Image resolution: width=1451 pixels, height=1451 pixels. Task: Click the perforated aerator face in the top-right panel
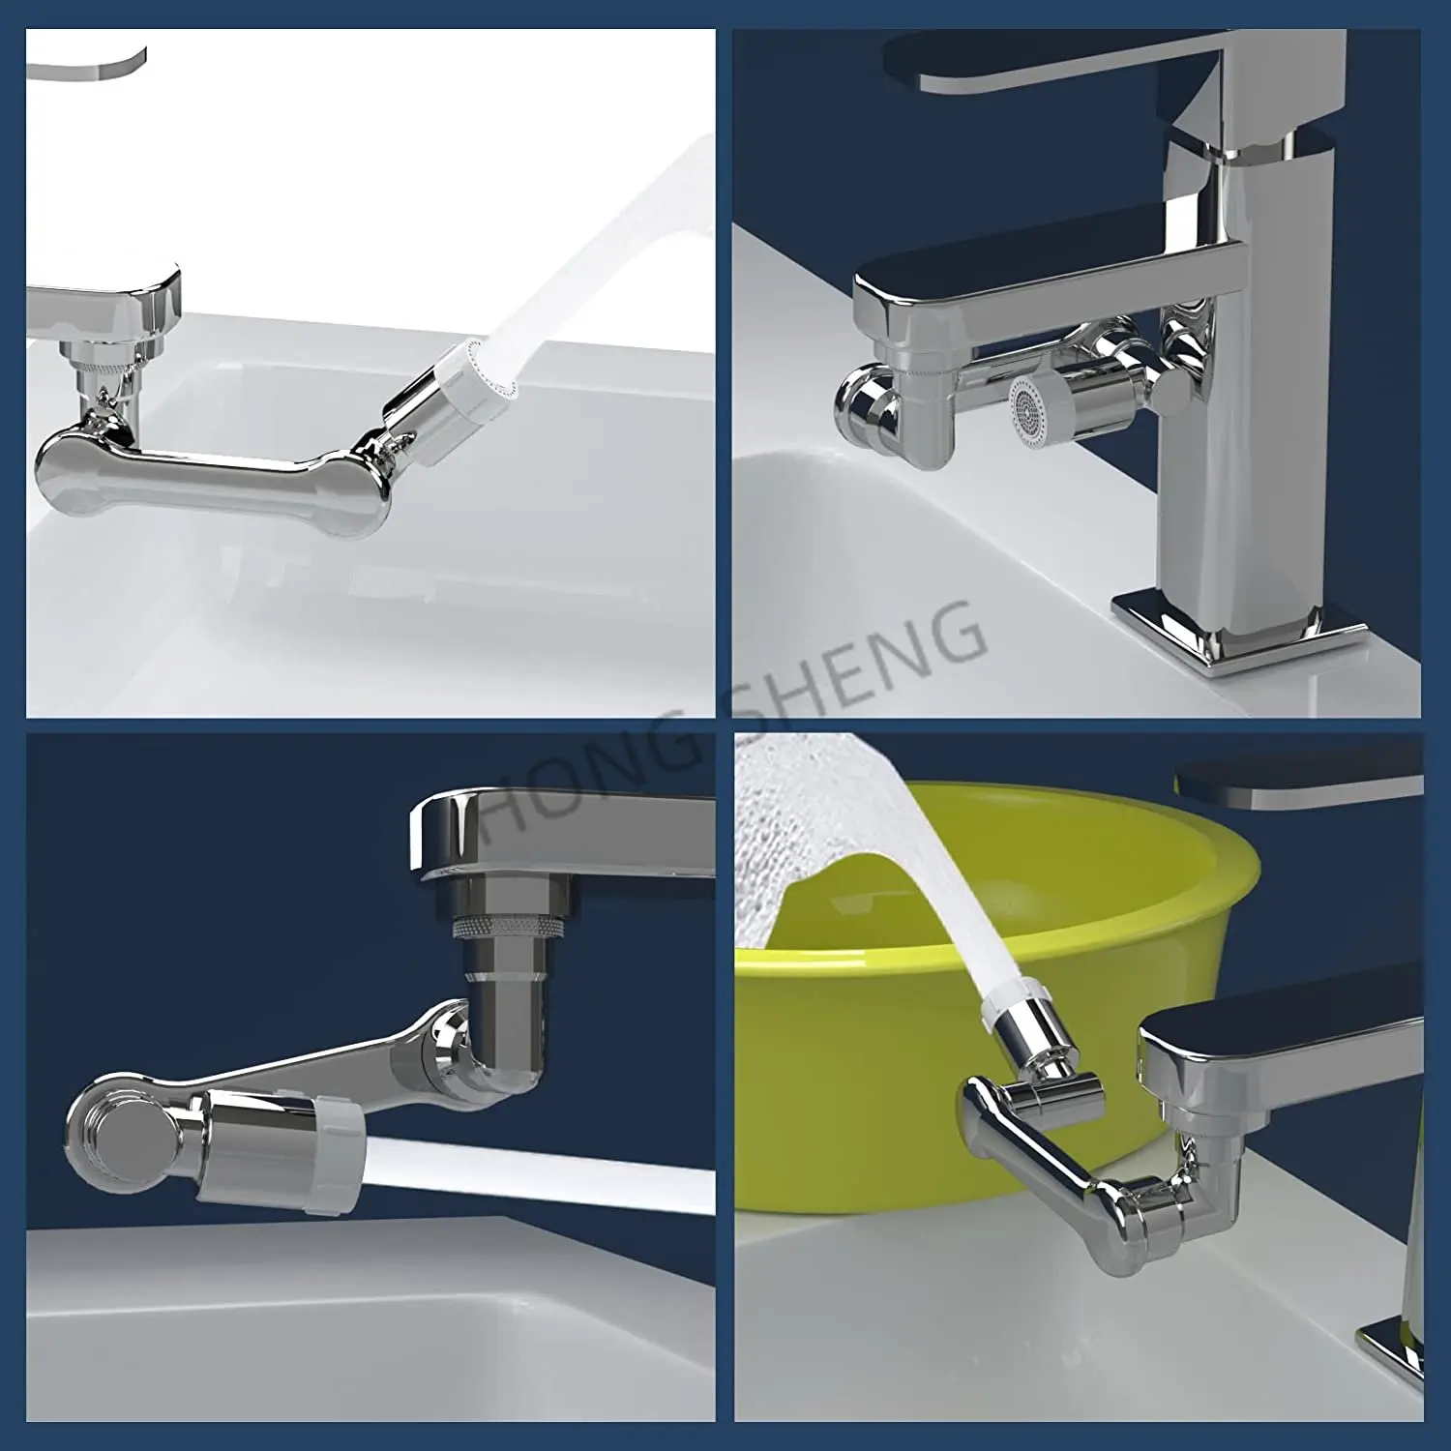(1028, 409)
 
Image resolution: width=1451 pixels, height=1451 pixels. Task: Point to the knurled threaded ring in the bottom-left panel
(507, 927)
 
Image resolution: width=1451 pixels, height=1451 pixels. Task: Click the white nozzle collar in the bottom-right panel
(1010, 1006)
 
